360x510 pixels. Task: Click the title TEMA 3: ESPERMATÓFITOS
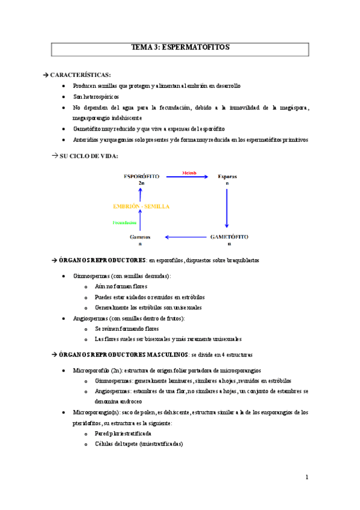coord(180,48)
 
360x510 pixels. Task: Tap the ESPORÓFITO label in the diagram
coord(141,176)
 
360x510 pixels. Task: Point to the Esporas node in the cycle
coord(227,176)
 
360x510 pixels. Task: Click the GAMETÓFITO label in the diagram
coord(229,238)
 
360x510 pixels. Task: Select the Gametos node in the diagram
coord(140,238)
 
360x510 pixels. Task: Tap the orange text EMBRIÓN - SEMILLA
coord(141,206)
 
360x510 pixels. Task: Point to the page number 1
coord(307,478)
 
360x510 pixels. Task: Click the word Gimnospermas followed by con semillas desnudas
coord(90,275)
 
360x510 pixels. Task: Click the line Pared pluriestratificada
coord(123,434)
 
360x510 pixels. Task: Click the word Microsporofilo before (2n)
coord(91,370)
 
